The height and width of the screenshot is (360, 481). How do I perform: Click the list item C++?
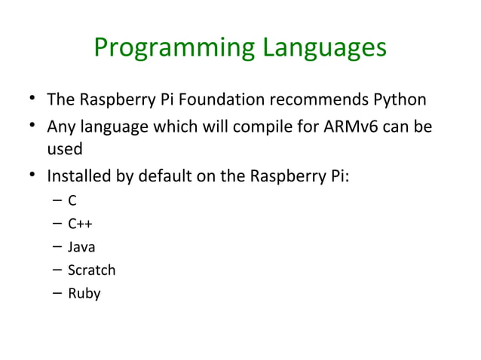tap(80, 223)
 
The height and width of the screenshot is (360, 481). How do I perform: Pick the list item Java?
tap(81, 246)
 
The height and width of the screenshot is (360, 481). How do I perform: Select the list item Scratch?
tap(91, 270)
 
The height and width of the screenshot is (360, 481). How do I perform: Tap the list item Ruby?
tap(84, 293)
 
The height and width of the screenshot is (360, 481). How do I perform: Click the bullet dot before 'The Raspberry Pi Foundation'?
tap(31, 99)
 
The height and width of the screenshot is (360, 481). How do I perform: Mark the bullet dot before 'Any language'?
tap(31, 125)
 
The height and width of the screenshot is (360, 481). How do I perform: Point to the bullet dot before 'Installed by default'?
tap(31, 178)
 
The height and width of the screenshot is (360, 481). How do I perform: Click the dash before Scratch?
tap(57, 270)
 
